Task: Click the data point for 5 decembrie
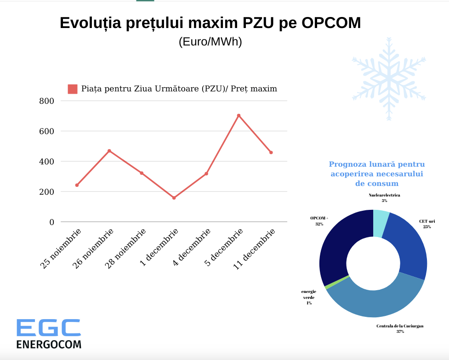(239, 116)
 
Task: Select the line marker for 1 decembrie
(174, 198)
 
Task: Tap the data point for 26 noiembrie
(109, 151)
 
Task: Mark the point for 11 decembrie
(271, 152)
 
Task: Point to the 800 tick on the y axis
(46, 101)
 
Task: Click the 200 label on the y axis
(46, 192)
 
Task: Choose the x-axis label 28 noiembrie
(125, 249)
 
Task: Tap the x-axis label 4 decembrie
(191, 247)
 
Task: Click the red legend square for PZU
(73, 89)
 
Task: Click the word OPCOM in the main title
(331, 23)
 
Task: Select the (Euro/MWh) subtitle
(210, 42)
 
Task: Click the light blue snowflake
(389, 79)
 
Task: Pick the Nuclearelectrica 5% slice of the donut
(381, 224)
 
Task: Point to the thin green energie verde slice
(337, 282)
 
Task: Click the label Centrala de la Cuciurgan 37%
(400, 328)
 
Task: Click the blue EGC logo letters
(49, 328)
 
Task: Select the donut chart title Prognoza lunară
(377, 174)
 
